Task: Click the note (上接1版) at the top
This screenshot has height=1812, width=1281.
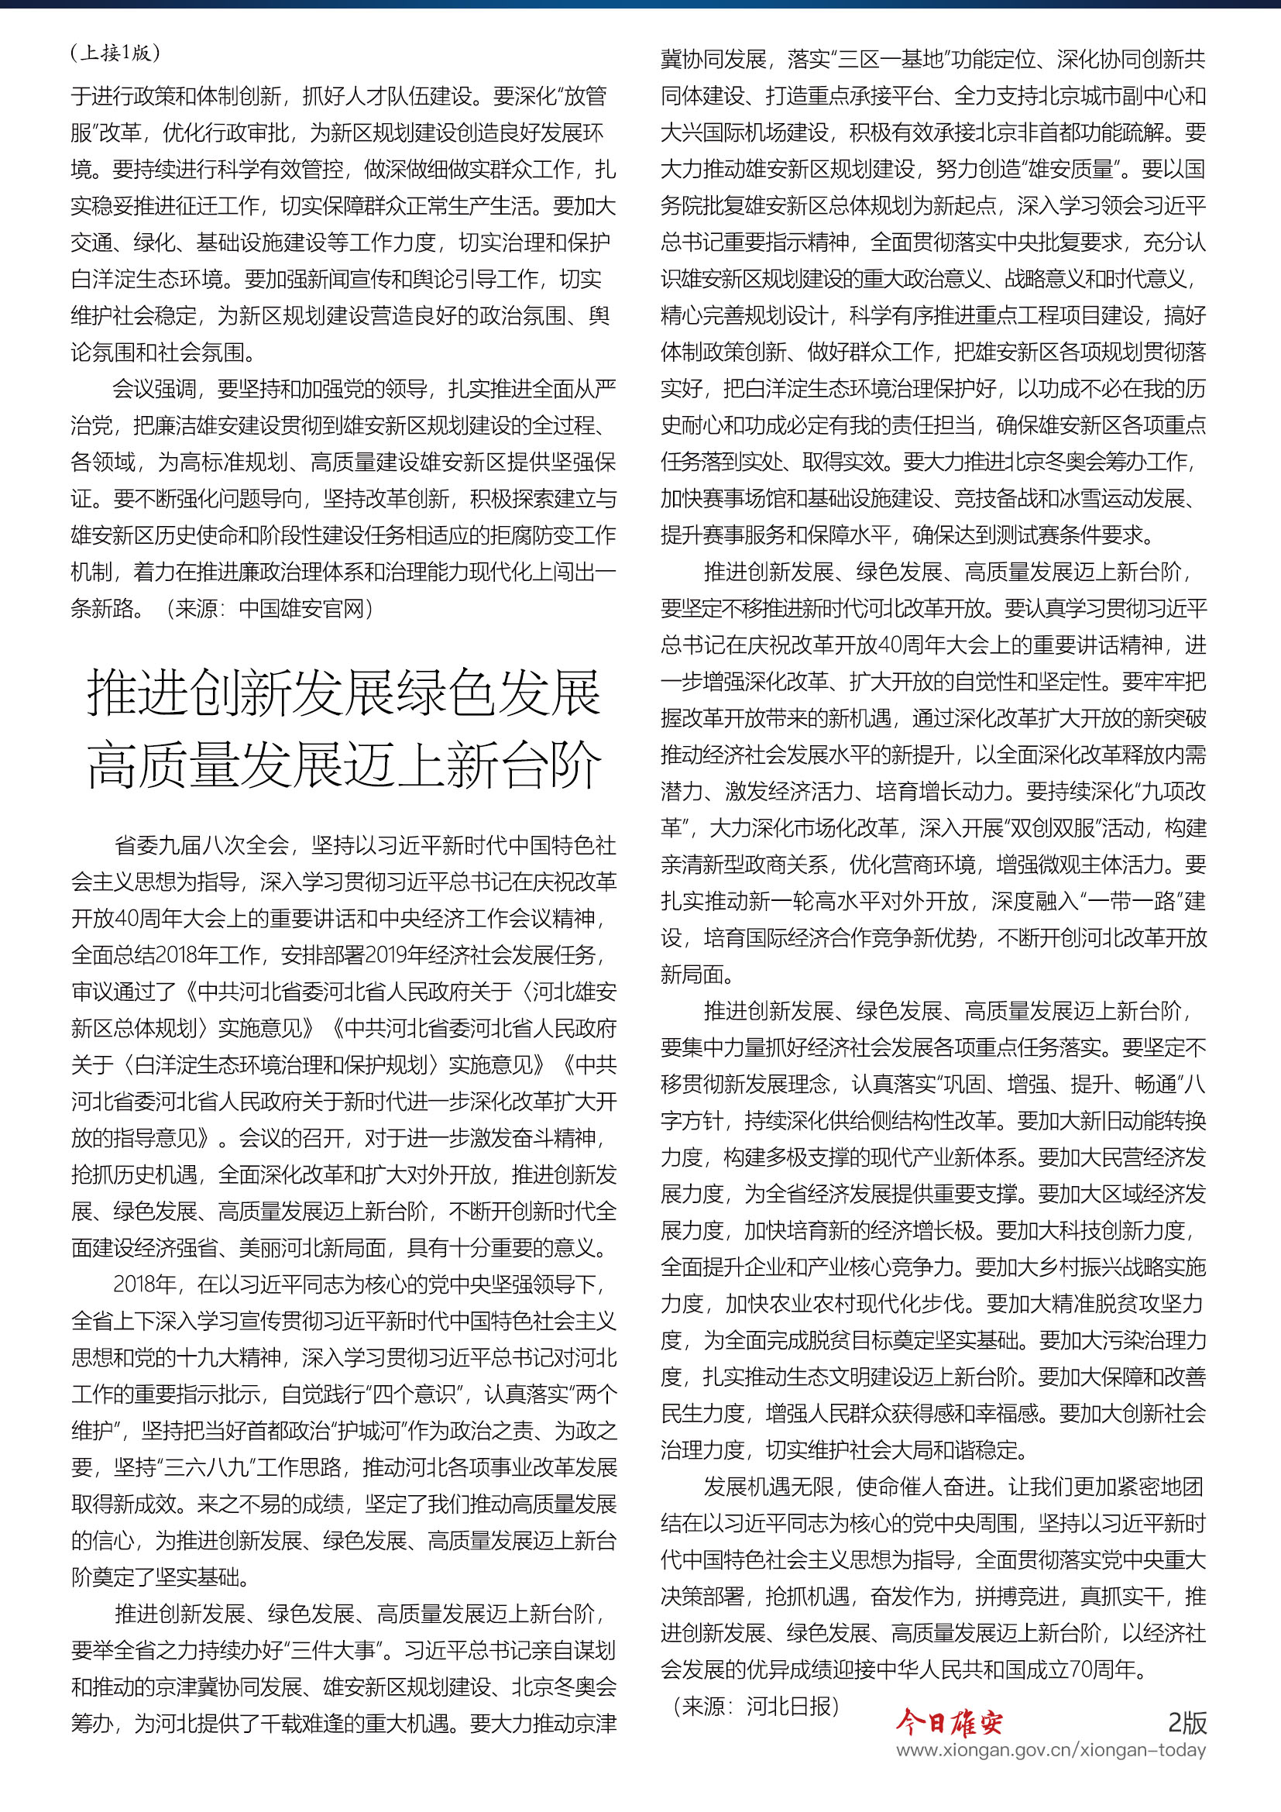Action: [115, 53]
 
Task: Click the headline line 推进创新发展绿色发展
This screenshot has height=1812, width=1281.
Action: [344, 693]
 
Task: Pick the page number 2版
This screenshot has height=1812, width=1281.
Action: [1187, 1721]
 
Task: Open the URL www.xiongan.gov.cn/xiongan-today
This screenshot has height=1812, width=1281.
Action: [1051, 1750]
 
